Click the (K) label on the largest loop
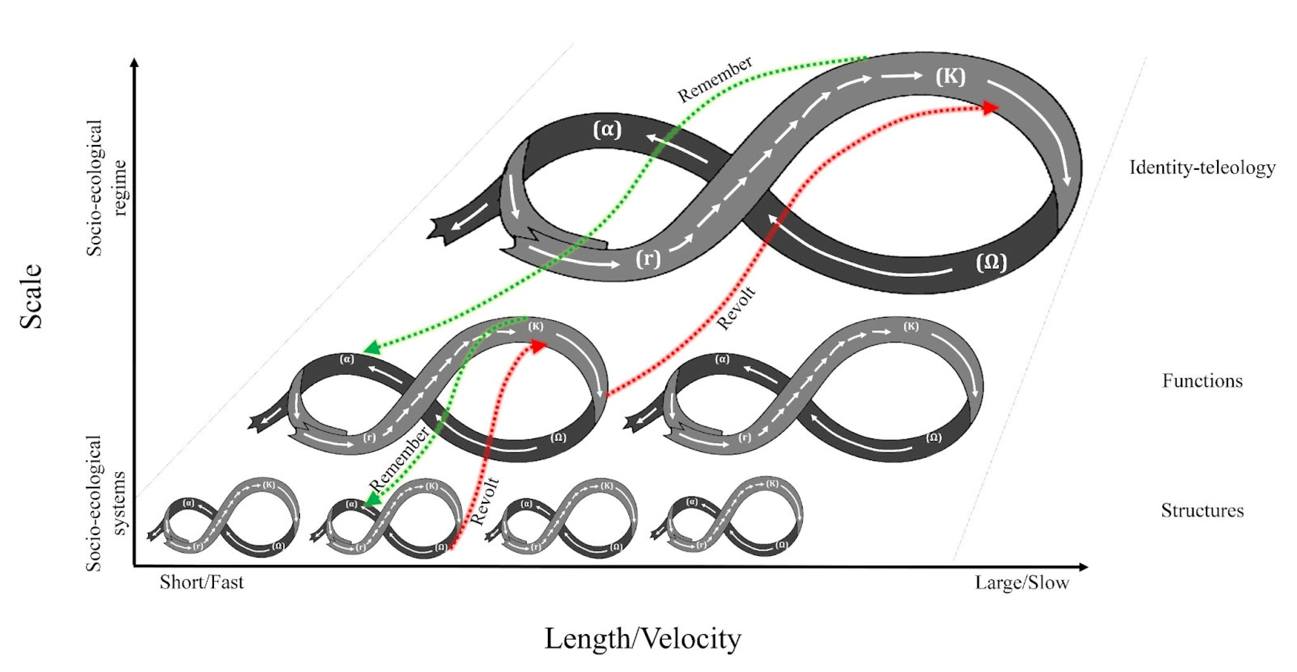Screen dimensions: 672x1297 [x=950, y=76]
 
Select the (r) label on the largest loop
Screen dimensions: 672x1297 [x=647, y=259]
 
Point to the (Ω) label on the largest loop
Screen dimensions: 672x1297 [x=991, y=263]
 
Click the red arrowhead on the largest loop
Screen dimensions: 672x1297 [x=991, y=107]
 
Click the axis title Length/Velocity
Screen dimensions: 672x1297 [x=643, y=639]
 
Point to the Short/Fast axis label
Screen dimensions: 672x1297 [x=201, y=582]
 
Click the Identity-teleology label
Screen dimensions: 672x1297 [x=1202, y=167]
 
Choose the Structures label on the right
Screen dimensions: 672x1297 [x=1202, y=510]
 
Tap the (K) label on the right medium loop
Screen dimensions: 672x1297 [x=910, y=327]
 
